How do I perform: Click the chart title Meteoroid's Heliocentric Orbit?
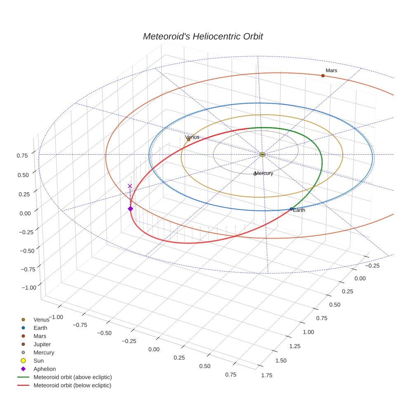coord(203,36)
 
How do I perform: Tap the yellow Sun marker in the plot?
coord(262,154)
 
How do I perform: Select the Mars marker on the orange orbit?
coord(323,76)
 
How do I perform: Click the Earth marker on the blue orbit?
coord(291,209)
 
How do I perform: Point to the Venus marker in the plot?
coord(189,139)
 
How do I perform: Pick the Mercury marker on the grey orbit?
coord(255,174)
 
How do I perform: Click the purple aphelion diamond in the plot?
coord(130,209)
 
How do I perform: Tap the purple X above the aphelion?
coord(130,186)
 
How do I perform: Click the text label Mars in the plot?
coord(331,71)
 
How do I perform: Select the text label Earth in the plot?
coord(299,210)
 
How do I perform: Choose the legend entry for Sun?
coord(38,361)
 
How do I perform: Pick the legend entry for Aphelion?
coord(45,369)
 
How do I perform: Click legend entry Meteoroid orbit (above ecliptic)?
coord(73,377)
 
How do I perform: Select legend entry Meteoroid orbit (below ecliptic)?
coord(72,385)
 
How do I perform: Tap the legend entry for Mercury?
coord(44,352)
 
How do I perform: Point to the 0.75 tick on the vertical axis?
coord(22,155)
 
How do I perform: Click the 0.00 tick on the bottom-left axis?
coord(153,349)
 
